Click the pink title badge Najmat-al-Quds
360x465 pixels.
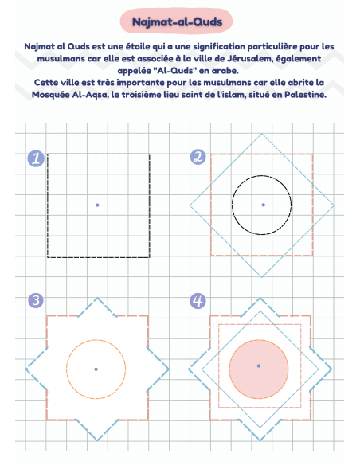[x=177, y=21]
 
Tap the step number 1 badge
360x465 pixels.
[x=36, y=158]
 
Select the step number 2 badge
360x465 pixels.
[x=198, y=157]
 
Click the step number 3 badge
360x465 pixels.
[x=36, y=300]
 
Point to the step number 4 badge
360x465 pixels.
[x=198, y=301]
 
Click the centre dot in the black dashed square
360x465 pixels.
[x=97, y=205]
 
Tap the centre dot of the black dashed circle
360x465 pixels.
[x=263, y=205]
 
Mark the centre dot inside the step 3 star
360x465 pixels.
[x=96, y=369]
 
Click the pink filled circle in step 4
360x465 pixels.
[x=259, y=369]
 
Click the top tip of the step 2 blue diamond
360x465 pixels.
[x=261, y=134]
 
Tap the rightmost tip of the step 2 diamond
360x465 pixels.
[x=334, y=205]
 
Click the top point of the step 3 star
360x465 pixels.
[x=97, y=298]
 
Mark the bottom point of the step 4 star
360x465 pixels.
[x=260, y=440]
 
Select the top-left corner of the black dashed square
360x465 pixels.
[x=48, y=154]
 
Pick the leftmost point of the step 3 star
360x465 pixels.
[x=25, y=369]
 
